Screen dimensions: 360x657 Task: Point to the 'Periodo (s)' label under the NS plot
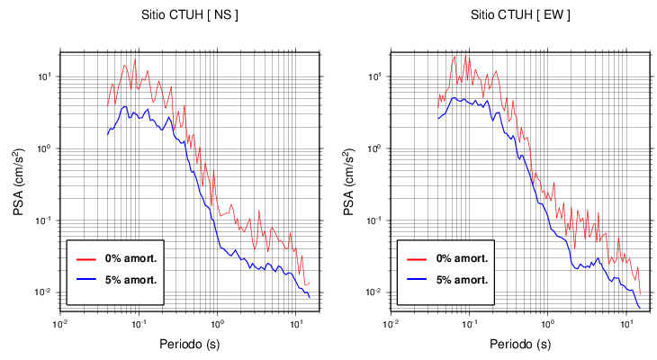click(190, 344)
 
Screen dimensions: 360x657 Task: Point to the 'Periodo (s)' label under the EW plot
click(520, 344)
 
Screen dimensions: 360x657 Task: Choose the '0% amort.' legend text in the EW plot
click(462, 258)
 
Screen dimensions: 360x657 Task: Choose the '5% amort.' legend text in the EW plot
click(462, 279)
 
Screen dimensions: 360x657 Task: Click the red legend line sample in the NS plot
click(85, 258)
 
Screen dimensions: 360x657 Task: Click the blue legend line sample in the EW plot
click(416, 279)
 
